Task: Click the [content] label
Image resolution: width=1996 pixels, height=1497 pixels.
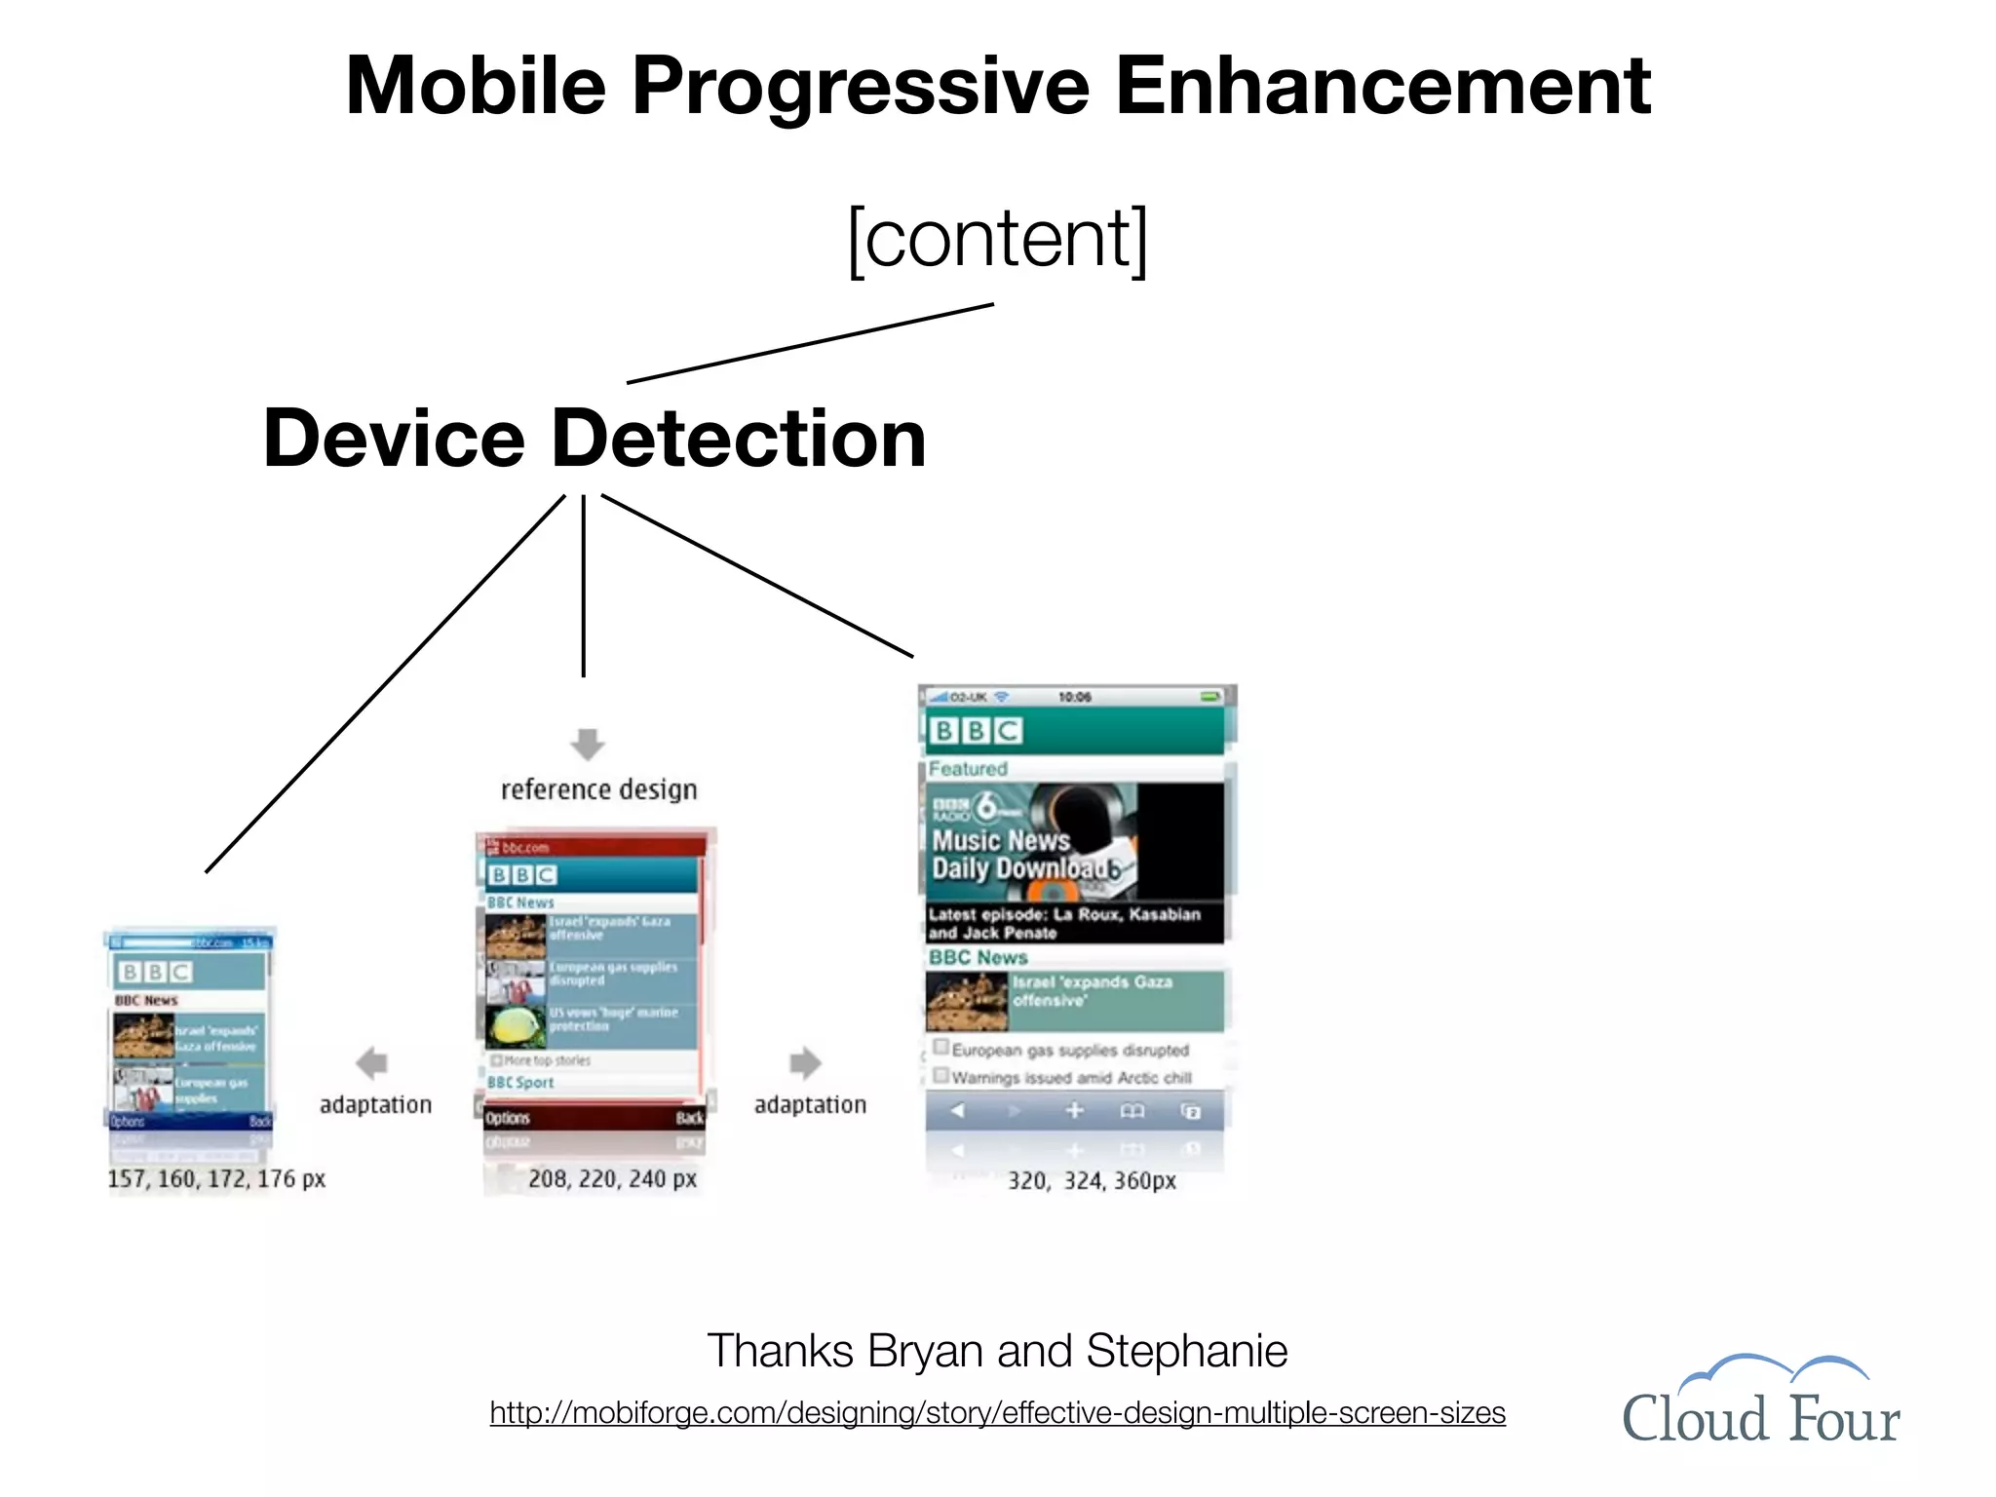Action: coord(997,239)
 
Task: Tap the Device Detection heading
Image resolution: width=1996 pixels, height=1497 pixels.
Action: coord(595,439)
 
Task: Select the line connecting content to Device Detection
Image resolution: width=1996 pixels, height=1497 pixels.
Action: coord(809,344)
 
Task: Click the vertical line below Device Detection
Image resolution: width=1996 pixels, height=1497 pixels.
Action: coord(583,585)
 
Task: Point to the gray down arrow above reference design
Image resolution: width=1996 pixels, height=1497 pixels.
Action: coord(587,744)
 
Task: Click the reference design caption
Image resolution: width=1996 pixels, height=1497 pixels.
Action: coord(598,789)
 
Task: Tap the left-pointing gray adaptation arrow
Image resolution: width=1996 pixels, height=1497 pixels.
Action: coord(372,1063)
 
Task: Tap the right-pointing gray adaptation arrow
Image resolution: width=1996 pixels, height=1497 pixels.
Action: coord(805,1063)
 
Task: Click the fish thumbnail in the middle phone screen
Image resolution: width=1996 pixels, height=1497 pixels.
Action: coord(515,1026)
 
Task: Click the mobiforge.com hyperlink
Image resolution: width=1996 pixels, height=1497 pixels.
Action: coord(997,1412)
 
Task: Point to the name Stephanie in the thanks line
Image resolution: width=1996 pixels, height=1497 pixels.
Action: coord(1186,1351)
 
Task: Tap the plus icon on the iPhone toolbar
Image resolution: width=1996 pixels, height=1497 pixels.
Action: coord(1074,1110)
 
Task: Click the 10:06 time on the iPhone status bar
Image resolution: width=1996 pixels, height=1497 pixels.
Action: coord(1074,697)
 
